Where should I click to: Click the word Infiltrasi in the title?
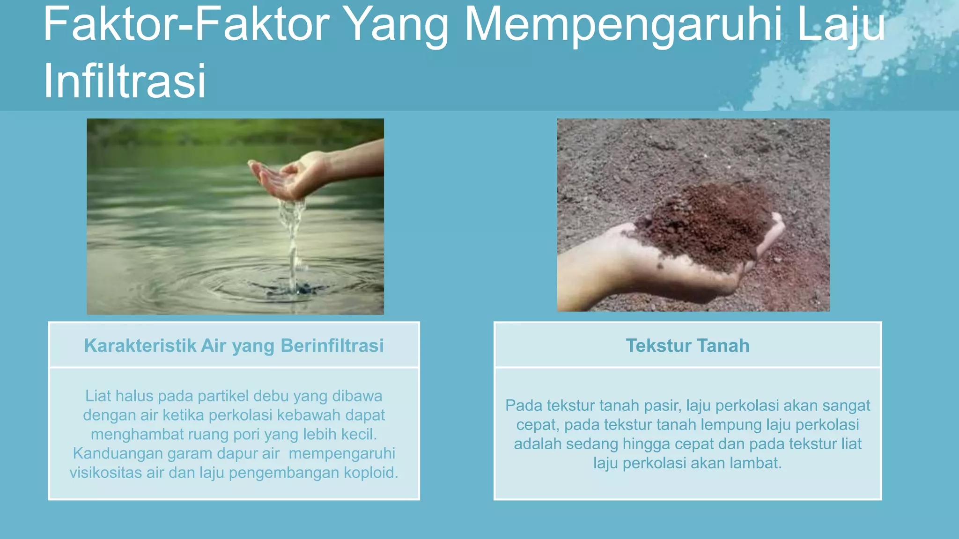point(125,80)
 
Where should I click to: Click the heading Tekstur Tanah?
point(687,346)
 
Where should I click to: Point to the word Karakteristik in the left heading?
point(140,346)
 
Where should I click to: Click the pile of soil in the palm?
point(707,225)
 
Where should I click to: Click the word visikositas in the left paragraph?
point(106,473)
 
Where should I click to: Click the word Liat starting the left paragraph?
point(98,396)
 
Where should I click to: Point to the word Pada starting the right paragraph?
point(524,405)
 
